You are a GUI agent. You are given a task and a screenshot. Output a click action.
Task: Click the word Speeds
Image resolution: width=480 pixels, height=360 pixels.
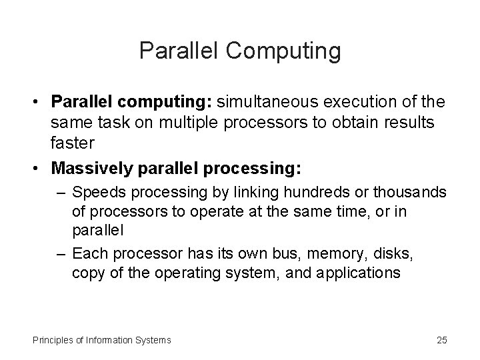coord(94,193)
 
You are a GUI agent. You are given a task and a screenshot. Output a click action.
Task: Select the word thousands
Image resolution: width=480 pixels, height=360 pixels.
coord(415,193)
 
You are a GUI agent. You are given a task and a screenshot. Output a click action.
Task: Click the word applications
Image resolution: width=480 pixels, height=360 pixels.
coord(357,273)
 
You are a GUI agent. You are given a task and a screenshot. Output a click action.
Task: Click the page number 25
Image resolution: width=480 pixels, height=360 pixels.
coord(442,340)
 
